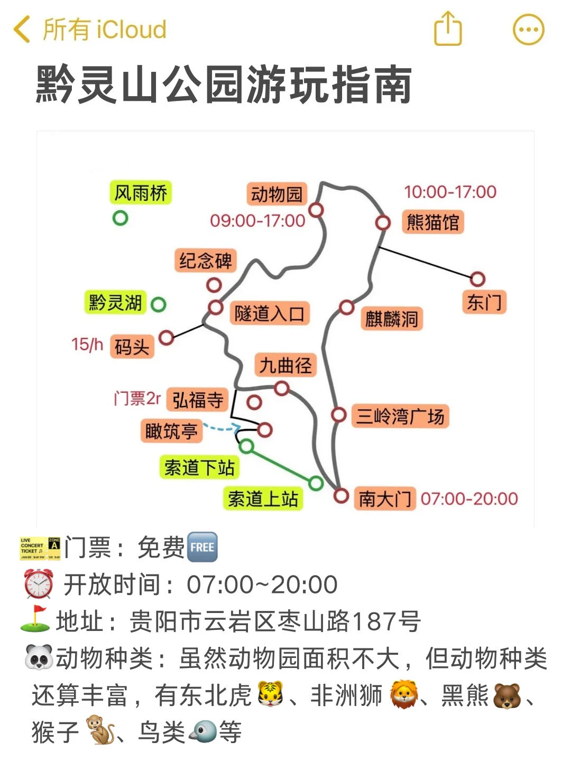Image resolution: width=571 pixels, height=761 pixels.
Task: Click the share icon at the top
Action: point(448,29)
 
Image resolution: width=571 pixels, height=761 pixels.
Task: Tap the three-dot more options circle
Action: point(528,29)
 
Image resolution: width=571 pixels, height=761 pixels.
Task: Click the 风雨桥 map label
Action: point(141,193)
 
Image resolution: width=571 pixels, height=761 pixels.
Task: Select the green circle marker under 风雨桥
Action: point(121,218)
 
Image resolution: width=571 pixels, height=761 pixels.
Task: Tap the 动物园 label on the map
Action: point(276,194)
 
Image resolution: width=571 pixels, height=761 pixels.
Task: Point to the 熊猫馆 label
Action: point(432,222)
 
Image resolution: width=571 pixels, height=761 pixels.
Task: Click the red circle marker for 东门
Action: point(477,279)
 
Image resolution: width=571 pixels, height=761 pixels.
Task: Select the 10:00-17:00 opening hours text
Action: point(450,192)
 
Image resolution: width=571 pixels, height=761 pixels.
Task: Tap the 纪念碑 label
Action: point(205,261)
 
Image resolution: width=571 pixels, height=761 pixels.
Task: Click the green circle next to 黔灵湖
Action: point(158,304)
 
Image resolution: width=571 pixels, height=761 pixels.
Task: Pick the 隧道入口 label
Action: point(269,314)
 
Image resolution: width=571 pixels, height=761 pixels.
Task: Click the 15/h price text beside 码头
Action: point(87,345)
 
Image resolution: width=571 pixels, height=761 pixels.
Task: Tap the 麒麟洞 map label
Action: point(391,319)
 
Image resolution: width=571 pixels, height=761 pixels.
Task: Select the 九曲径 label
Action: point(285,365)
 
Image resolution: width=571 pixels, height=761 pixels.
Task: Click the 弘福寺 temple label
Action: point(198,400)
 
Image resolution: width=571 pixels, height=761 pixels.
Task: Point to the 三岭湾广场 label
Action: point(400,416)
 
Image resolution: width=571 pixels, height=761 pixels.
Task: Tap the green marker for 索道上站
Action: point(316,482)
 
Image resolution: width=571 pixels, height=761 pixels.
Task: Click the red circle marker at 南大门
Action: point(342,496)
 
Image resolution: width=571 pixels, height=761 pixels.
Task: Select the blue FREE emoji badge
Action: point(202,547)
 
